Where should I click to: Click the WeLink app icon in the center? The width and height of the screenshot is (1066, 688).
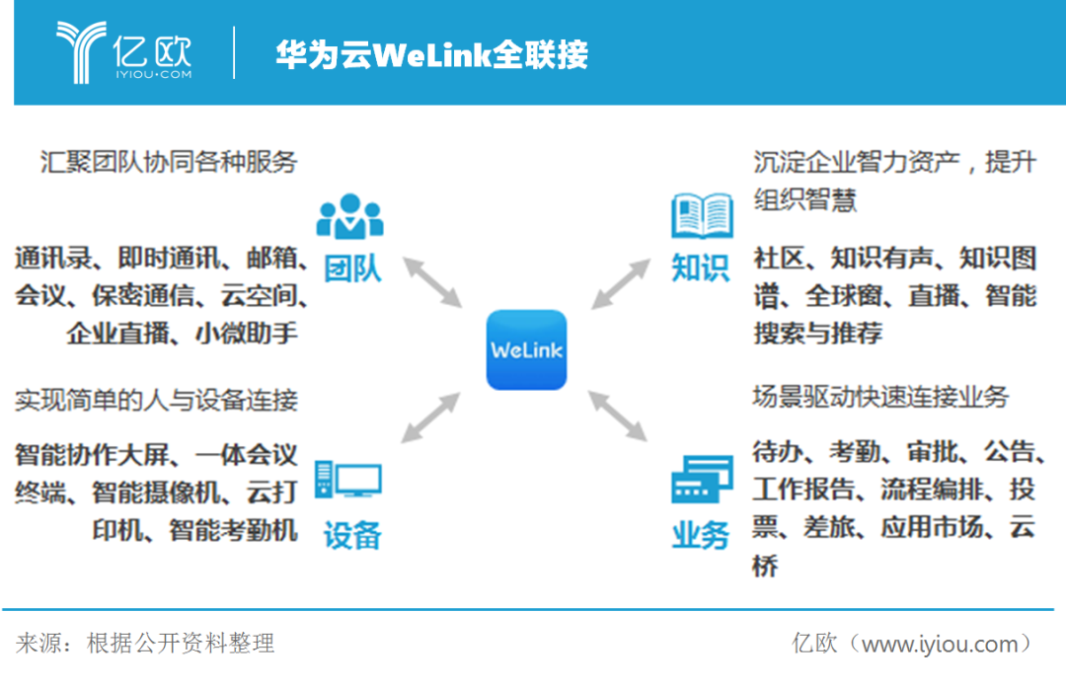click(526, 349)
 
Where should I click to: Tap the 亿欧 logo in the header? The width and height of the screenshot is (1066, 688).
click(124, 52)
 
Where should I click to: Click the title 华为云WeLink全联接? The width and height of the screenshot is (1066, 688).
click(431, 54)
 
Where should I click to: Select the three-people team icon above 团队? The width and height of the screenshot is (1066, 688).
click(350, 216)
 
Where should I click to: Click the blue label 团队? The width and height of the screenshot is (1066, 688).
click(352, 268)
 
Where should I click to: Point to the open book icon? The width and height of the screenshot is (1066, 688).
click(702, 216)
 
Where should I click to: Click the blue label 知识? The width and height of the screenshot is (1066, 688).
click(700, 268)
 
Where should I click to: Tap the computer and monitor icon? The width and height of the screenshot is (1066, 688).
click(348, 480)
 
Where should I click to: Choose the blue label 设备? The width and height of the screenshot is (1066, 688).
click(352, 535)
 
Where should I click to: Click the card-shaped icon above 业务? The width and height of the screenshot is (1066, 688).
click(702, 480)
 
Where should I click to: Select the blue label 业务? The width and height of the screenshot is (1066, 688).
click(700, 535)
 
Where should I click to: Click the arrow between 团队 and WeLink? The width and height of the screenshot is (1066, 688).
click(433, 282)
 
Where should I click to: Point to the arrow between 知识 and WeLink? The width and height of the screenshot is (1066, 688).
click(621, 283)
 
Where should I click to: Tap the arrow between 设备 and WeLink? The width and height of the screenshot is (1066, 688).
click(430, 418)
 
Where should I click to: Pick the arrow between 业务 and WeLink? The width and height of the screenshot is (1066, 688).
click(617, 416)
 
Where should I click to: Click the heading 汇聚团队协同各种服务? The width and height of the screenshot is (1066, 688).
click(169, 162)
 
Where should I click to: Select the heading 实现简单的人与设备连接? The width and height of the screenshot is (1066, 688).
click(156, 401)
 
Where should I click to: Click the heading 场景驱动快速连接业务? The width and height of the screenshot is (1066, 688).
click(880, 397)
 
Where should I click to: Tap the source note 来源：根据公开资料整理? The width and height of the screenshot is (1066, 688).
click(145, 644)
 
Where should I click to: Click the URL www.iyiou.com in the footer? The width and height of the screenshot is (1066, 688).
click(941, 644)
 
